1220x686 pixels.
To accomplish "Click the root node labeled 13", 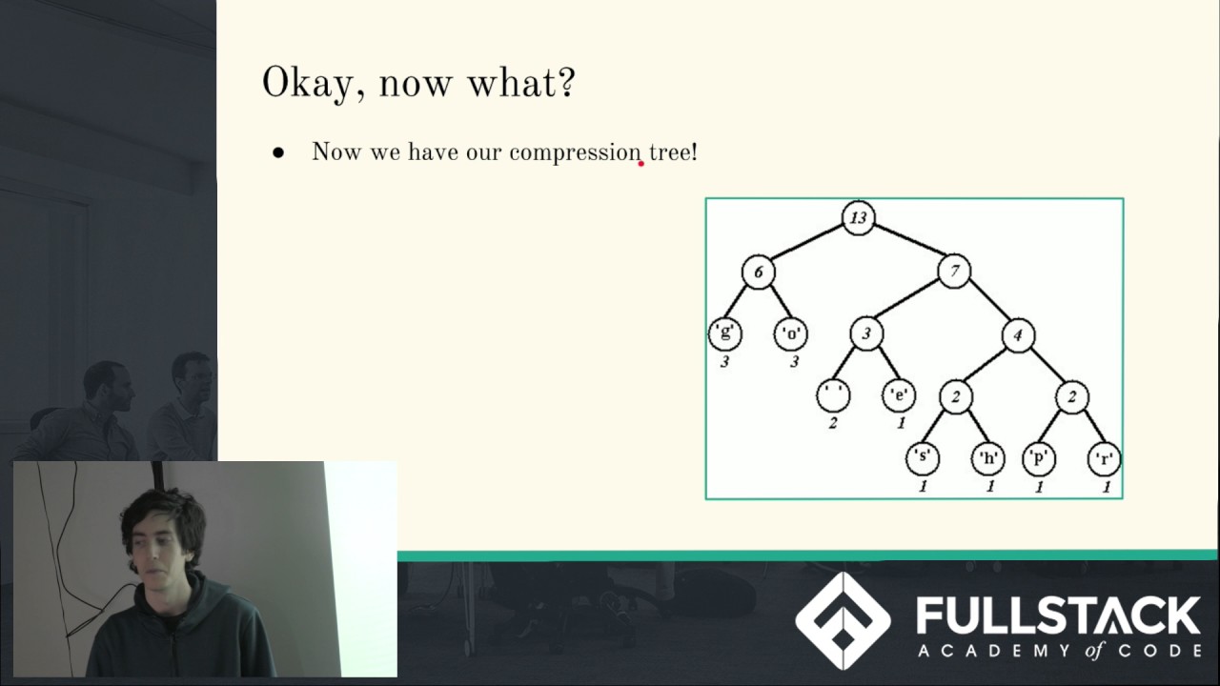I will [858, 218].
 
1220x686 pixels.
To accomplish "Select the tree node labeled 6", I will [759, 272].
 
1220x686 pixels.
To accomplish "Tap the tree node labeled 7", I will [954, 272].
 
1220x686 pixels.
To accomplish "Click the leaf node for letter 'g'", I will [725, 333].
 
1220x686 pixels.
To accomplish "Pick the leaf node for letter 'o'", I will [791, 333].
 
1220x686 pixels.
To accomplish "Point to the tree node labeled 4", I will [1018, 335].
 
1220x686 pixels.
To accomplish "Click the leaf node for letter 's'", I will [922, 458].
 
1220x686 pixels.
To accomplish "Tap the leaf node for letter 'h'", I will [988, 458].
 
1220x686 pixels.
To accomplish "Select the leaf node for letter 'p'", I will [1038, 458].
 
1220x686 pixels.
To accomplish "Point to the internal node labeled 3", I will [866, 333].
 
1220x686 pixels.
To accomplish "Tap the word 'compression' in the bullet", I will [575, 152].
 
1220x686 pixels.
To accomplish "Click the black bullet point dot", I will [278, 152].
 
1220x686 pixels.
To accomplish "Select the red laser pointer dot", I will [640, 164].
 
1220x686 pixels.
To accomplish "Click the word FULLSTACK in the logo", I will [1058, 616].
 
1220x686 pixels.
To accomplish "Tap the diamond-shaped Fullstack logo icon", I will [843, 620].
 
